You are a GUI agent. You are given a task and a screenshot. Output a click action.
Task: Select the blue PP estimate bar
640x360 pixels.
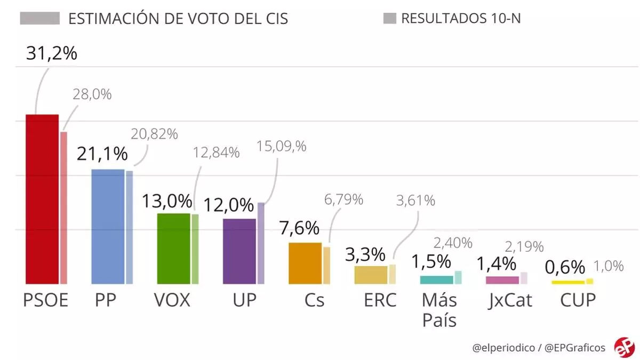point(108,227)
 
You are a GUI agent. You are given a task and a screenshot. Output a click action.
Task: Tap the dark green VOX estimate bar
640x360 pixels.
point(174,249)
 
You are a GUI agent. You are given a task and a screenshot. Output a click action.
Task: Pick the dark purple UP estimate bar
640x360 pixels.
point(239,251)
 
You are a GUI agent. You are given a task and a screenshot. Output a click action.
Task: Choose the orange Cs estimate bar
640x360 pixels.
point(305,263)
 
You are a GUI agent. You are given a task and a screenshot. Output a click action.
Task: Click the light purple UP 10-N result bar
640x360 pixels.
point(261,243)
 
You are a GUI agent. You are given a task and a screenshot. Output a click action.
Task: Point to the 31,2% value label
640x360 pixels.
point(52,53)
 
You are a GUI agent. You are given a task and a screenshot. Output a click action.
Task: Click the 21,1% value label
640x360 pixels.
point(102,154)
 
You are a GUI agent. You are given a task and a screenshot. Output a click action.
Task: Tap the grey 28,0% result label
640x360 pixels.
point(92,94)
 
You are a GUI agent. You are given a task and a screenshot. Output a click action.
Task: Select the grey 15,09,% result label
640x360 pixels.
point(282,147)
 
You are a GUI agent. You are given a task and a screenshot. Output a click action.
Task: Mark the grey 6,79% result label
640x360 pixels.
point(344,200)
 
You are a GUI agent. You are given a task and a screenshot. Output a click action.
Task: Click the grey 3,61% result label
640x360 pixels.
point(415,201)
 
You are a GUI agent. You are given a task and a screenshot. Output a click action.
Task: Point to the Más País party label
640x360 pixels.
point(439,310)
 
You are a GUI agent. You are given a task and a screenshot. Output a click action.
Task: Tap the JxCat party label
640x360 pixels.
point(510,300)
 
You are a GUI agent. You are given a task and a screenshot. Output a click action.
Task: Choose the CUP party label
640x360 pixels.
point(578,300)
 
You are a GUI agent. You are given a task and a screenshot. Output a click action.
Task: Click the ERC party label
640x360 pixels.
point(380,300)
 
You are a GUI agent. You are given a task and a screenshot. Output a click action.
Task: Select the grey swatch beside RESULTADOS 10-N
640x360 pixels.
point(390,19)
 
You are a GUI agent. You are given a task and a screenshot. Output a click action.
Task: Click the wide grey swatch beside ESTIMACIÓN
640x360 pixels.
point(40,19)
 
